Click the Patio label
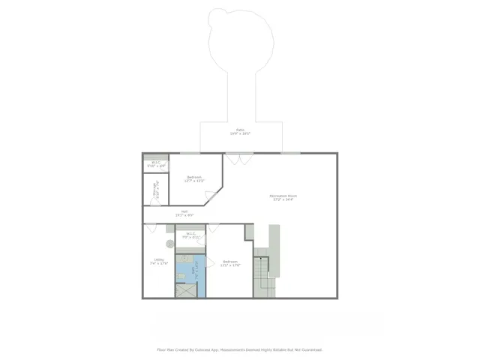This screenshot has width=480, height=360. (240, 132)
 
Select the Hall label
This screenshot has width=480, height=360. (184, 214)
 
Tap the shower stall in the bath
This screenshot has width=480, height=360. (185, 289)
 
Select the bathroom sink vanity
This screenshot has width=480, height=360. (184, 259)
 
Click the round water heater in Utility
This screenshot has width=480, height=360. (170, 244)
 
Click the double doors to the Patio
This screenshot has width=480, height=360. (239, 158)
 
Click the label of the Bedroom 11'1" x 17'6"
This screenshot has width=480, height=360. (230, 263)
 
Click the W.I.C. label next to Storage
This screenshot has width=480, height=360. (156, 164)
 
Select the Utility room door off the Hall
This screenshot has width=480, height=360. (152, 228)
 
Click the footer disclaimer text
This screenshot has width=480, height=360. (240, 349)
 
